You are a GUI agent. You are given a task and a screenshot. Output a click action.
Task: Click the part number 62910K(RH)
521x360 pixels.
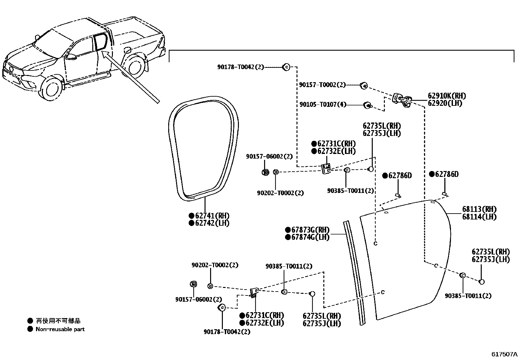click(x=447, y=96)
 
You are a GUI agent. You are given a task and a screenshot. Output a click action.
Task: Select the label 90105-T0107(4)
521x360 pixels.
click(x=323, y=105)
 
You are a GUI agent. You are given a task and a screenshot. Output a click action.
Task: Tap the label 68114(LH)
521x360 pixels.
click(x=479, y=217)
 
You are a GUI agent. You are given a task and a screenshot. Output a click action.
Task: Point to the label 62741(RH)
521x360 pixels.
click(x=212, y=216)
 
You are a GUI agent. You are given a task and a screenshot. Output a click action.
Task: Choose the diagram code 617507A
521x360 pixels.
click(x=504, y=354)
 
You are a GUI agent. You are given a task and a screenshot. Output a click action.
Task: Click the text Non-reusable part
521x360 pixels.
click(x=60, y=329)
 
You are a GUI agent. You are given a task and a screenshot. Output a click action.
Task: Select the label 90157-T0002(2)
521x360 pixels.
click(x=322, y=85)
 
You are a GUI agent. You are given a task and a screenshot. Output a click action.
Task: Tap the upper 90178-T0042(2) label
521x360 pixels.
click(x=240, y=67)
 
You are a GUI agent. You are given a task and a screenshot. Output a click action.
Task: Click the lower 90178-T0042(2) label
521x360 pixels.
click(x=227, y=332)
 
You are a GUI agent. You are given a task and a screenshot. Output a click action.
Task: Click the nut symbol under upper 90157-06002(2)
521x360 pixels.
click(x=265, y=172)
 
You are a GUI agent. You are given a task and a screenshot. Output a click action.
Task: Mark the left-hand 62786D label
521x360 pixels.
click(x=400, y=176)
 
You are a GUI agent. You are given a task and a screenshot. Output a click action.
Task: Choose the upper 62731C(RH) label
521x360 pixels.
click(x=336, y=143)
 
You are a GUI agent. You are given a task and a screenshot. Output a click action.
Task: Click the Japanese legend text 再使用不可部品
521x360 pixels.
click(x=58, y=321)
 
